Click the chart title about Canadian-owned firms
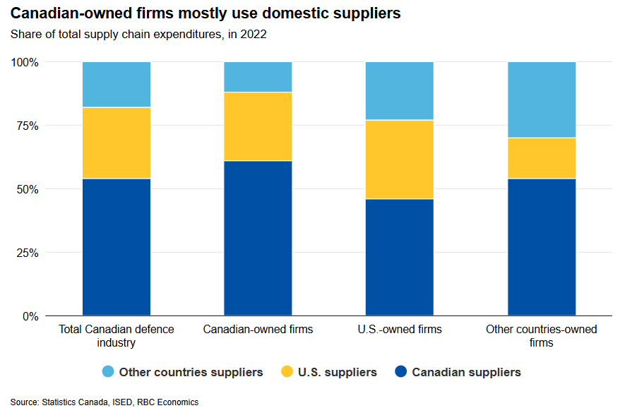[x=205, y=13]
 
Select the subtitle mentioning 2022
[x=138, y=34]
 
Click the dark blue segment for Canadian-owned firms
[x=258, y=238]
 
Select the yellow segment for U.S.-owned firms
[x=399, y=160]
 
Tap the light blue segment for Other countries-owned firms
[x=542, y=100]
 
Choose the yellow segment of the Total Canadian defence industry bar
[x=117, y=143]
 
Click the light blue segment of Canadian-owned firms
[x=258, y=77]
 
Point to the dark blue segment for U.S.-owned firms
[x=399, y=257]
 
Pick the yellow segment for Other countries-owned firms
[x=542, y=158]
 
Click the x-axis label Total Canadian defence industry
[x=117, y=336]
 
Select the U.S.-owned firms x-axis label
[x=399, y=330]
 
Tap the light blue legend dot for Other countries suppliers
[x=108, y=372]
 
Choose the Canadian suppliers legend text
[x=466, y=372]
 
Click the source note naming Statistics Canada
[x=105, y=402]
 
